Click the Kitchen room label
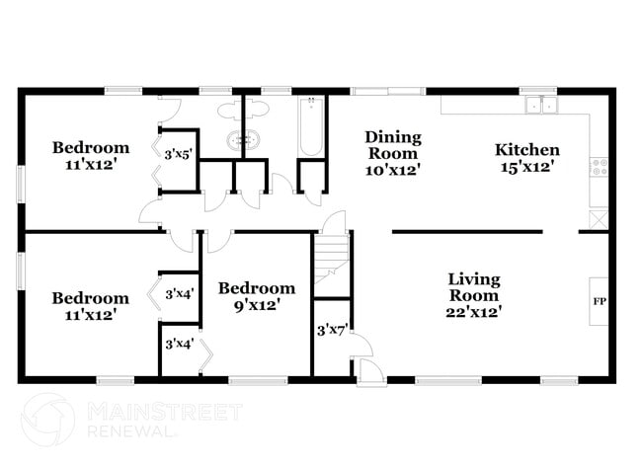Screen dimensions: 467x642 (x=526, y=150)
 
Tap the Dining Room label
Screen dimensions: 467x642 (x=392, y=145)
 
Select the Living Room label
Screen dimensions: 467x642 (x=474, y=287)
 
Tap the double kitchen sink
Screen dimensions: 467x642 (x=541, y=105)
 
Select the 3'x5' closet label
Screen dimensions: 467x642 (x=179, y=153)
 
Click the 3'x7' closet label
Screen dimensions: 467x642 (x=328, y=331)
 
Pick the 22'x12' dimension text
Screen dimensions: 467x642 (x=474, y=312)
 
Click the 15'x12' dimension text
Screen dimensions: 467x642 (x=526, y=168)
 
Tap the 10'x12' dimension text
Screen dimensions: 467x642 (x=392, y=169)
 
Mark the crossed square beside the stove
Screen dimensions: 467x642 (x=598, y=219)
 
